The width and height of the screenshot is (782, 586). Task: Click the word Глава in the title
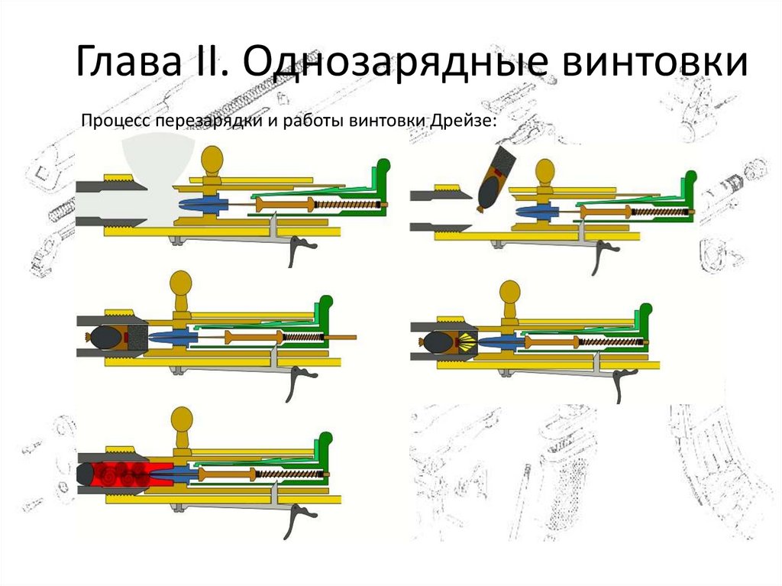tap(128, 61)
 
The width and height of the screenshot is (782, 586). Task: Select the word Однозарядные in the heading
tap(395, 62)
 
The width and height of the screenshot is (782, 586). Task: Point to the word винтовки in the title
tap(655, 62)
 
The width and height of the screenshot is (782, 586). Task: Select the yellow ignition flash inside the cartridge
tap(468, 342)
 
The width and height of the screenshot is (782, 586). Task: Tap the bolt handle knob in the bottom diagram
tap(182, 421)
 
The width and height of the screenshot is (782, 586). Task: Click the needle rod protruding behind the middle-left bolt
tap(343, 338)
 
